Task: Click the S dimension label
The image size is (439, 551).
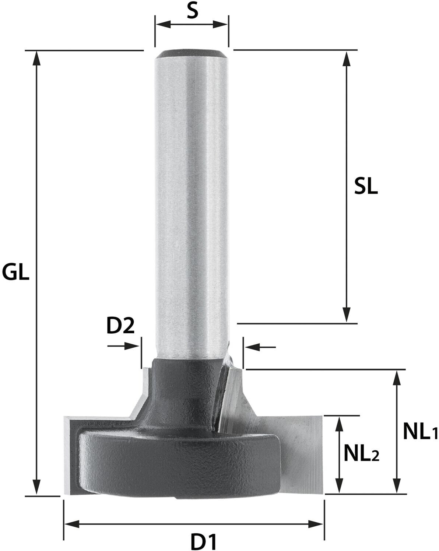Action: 192,12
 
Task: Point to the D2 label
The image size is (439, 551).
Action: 120,326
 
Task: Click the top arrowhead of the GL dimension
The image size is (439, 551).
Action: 37,58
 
